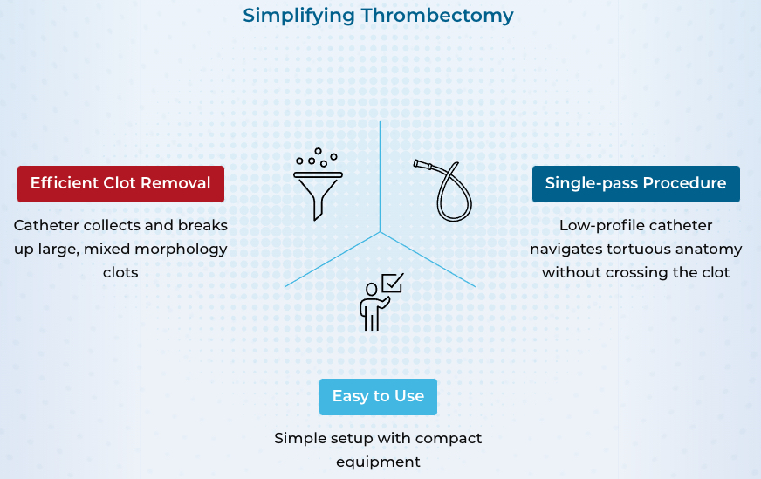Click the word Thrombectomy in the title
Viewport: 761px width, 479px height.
(437, 16)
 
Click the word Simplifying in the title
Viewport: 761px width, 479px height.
(298, 16)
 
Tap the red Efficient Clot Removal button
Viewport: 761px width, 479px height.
(120, 184)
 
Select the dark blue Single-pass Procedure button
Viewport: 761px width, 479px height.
(636, 184)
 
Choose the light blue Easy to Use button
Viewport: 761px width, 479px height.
(378, 397)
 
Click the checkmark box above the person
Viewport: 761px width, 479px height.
(393, 283)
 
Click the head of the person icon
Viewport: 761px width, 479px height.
(371, 290)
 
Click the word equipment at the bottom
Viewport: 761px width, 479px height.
(378, 462)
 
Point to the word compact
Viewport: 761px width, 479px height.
(449, 439)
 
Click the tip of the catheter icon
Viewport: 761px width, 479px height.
(416, 163)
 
